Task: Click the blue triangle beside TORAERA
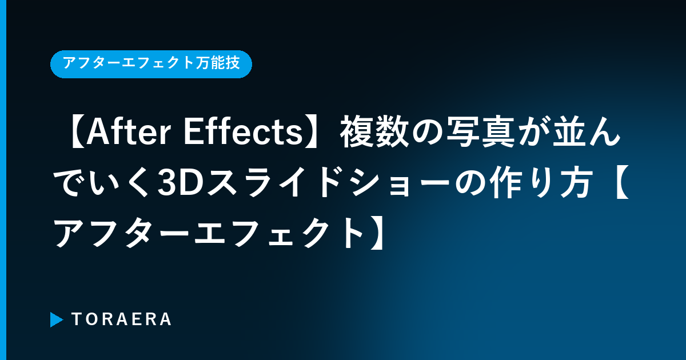(x=57, y=319)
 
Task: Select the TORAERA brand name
(x=121, y=319)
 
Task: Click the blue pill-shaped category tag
(x=151, y=64)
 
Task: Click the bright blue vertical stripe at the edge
(x=3, y=180)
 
